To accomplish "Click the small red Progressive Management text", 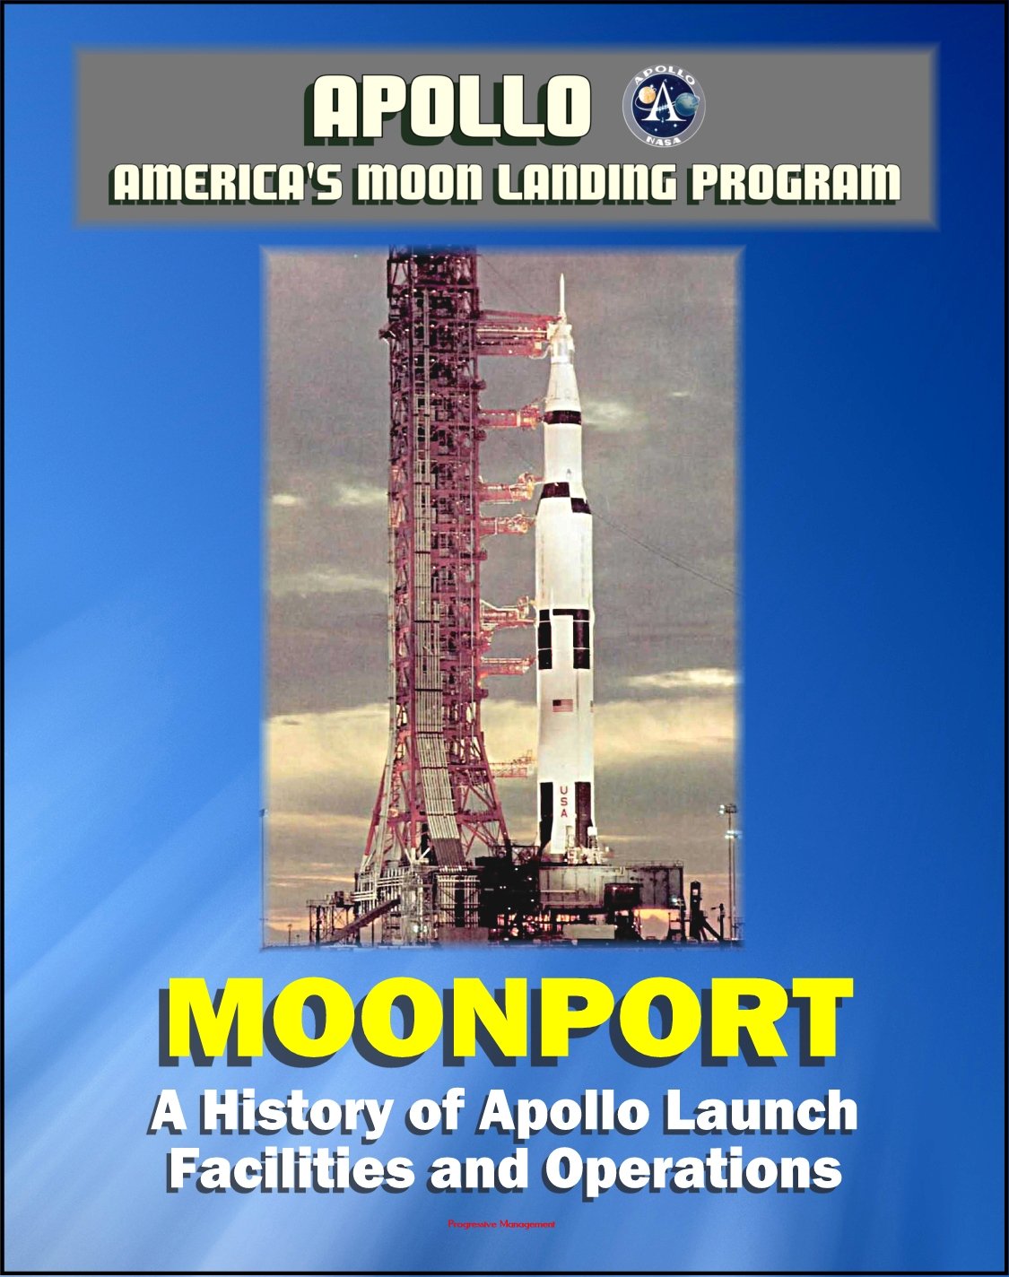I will tap(502, 1224).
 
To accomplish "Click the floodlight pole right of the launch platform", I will tap(731, 861).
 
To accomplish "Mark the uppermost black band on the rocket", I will tap(562, 416).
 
